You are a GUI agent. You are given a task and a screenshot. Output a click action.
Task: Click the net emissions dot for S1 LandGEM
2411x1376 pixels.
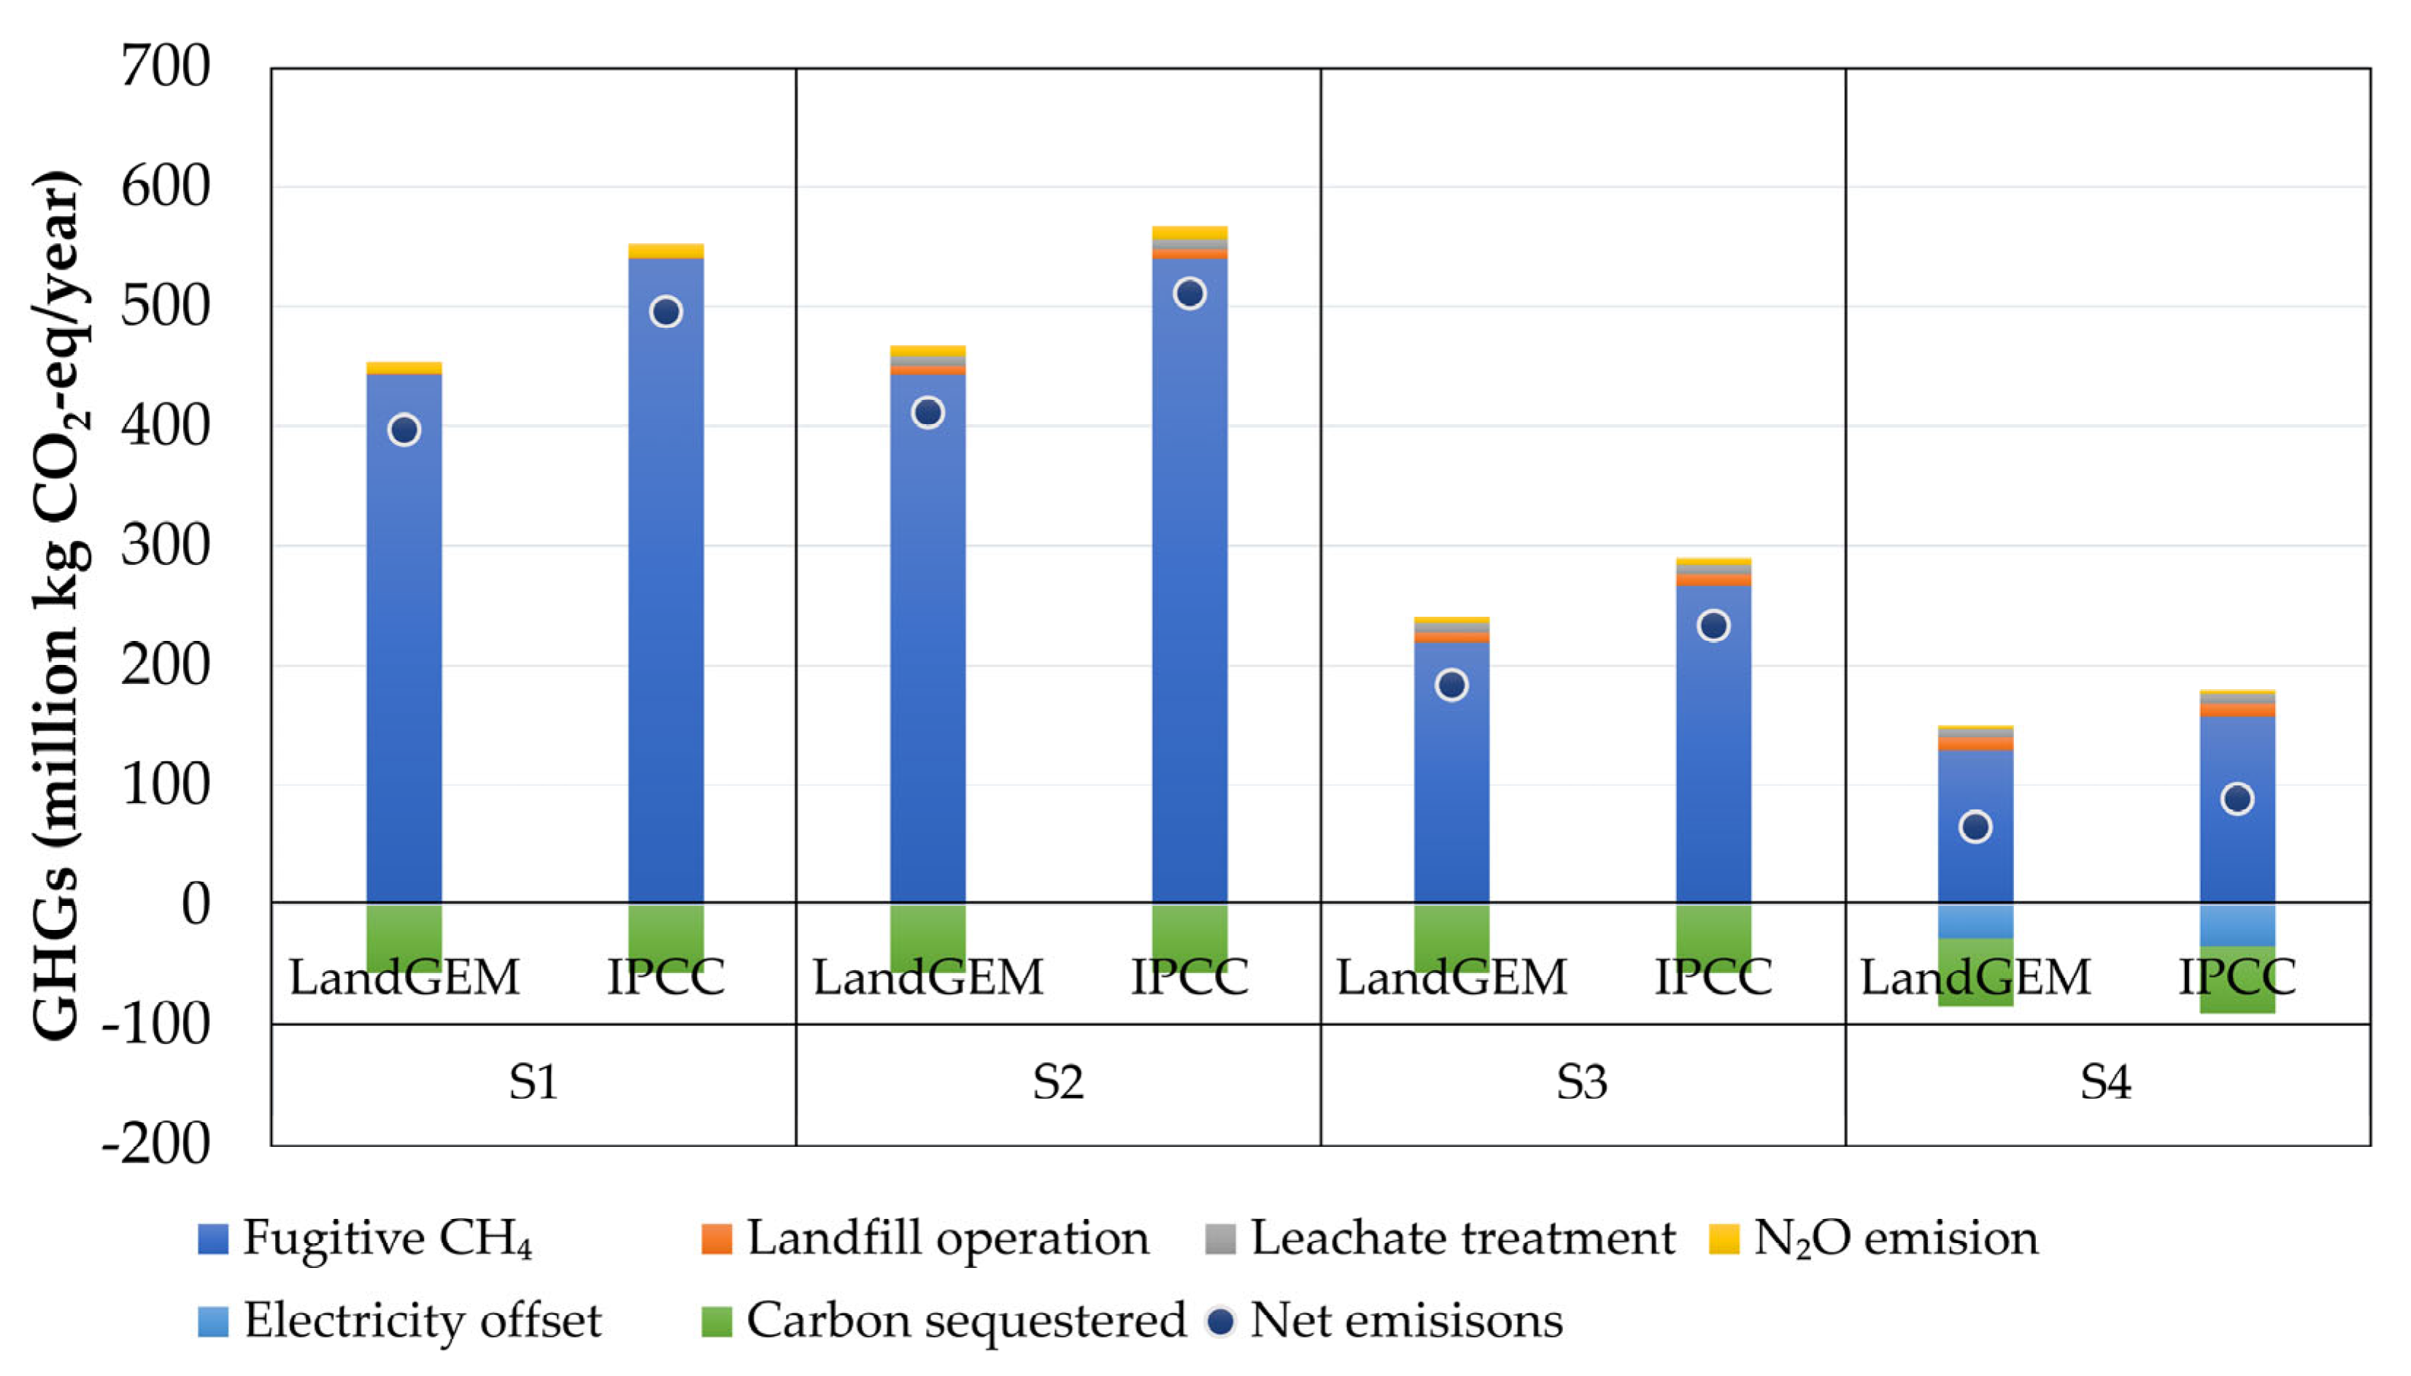pos(404,430)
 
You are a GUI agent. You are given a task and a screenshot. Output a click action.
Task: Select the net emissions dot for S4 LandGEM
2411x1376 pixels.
pos(1975,827)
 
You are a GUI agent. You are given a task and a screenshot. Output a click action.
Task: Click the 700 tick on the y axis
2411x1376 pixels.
pos(166,67)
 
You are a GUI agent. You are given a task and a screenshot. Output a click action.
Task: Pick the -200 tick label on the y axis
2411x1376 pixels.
pos(156,1145)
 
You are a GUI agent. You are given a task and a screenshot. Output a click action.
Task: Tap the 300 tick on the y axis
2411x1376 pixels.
pos(166,545)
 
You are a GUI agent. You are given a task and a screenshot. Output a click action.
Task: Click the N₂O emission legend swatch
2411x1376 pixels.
pos(1724,1239)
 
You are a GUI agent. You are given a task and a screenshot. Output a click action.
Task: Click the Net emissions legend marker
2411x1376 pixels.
pos(1221,1321)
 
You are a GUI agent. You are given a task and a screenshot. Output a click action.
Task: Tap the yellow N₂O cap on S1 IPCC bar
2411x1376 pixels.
pos(666,250)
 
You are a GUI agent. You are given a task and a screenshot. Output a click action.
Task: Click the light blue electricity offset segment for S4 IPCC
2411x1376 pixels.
pos(2237,925)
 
